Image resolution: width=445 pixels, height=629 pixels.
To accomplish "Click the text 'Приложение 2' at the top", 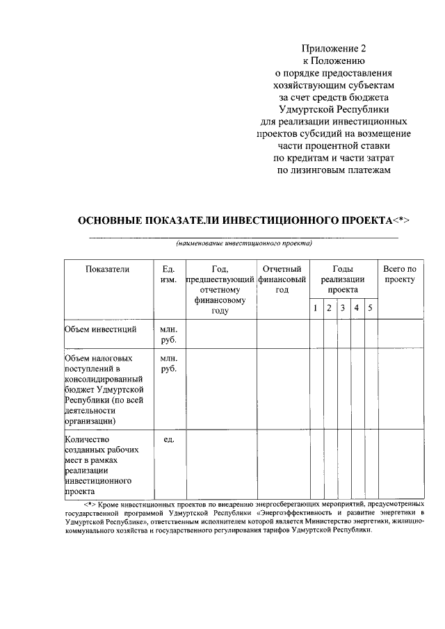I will pos(333,48).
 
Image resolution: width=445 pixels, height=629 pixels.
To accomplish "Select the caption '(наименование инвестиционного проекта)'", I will pos(244,244).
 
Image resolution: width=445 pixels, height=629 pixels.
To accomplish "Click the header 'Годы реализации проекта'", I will pos(343,279).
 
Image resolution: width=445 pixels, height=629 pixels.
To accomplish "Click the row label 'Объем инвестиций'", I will pos(99,329).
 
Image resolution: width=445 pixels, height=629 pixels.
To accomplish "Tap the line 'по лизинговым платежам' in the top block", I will pos(333,171).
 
